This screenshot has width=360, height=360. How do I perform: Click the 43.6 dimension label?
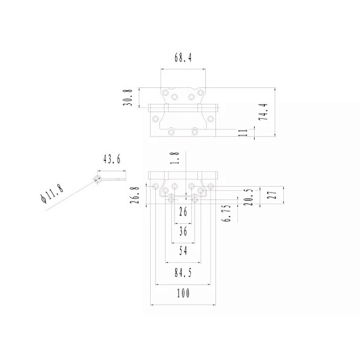pyautogui.click(x=111, y=159)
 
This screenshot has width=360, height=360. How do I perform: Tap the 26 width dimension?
pyautogui.click(x=183, y=212)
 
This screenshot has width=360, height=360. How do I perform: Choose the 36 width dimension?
pyautogui.click(x=183, y=231)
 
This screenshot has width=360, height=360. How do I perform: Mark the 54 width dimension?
pyautogui.click(x=183, y=251)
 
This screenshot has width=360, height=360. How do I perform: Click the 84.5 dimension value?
pyautogui.click(x=183, y=272)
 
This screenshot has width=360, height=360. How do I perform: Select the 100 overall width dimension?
pyautogui.click(x=183, y=293)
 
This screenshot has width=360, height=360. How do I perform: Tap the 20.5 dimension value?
pyautogui.click(x=248, y=198)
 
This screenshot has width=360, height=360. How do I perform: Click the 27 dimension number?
pyautogui.click(x=271, y=196)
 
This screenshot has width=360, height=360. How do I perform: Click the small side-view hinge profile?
pyautogui.click(x=111, y=177)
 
